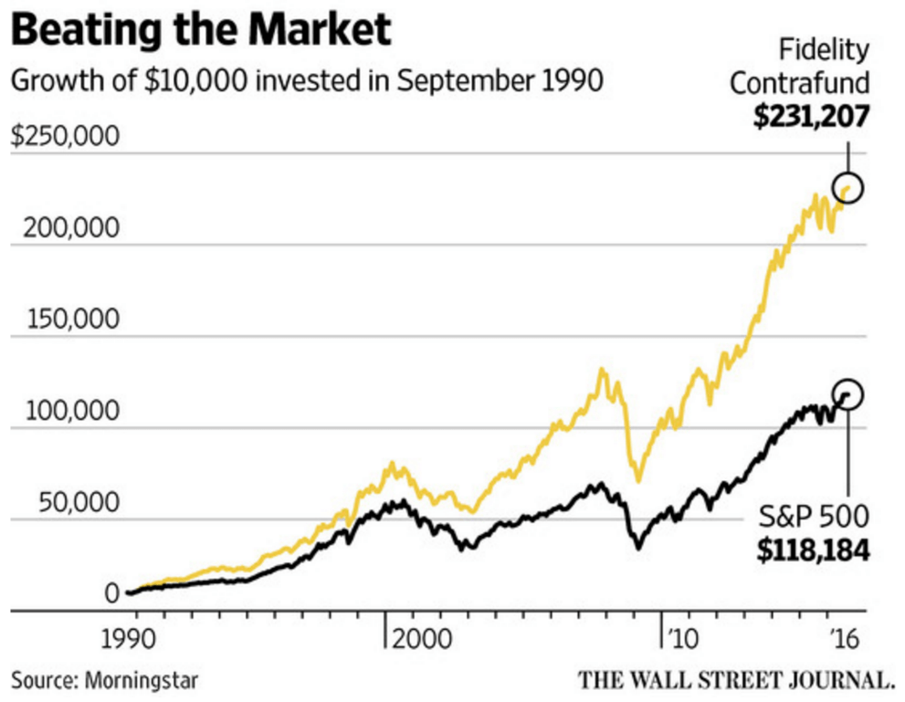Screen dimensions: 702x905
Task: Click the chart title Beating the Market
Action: [201, 30]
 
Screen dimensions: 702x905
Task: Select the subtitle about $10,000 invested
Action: [307, 81]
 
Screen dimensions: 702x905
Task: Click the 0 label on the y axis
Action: [111, 594]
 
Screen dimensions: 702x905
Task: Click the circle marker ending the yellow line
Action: [848, 188]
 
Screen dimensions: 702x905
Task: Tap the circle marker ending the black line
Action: [848, 394]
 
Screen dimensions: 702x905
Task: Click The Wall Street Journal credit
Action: [735, 679]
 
